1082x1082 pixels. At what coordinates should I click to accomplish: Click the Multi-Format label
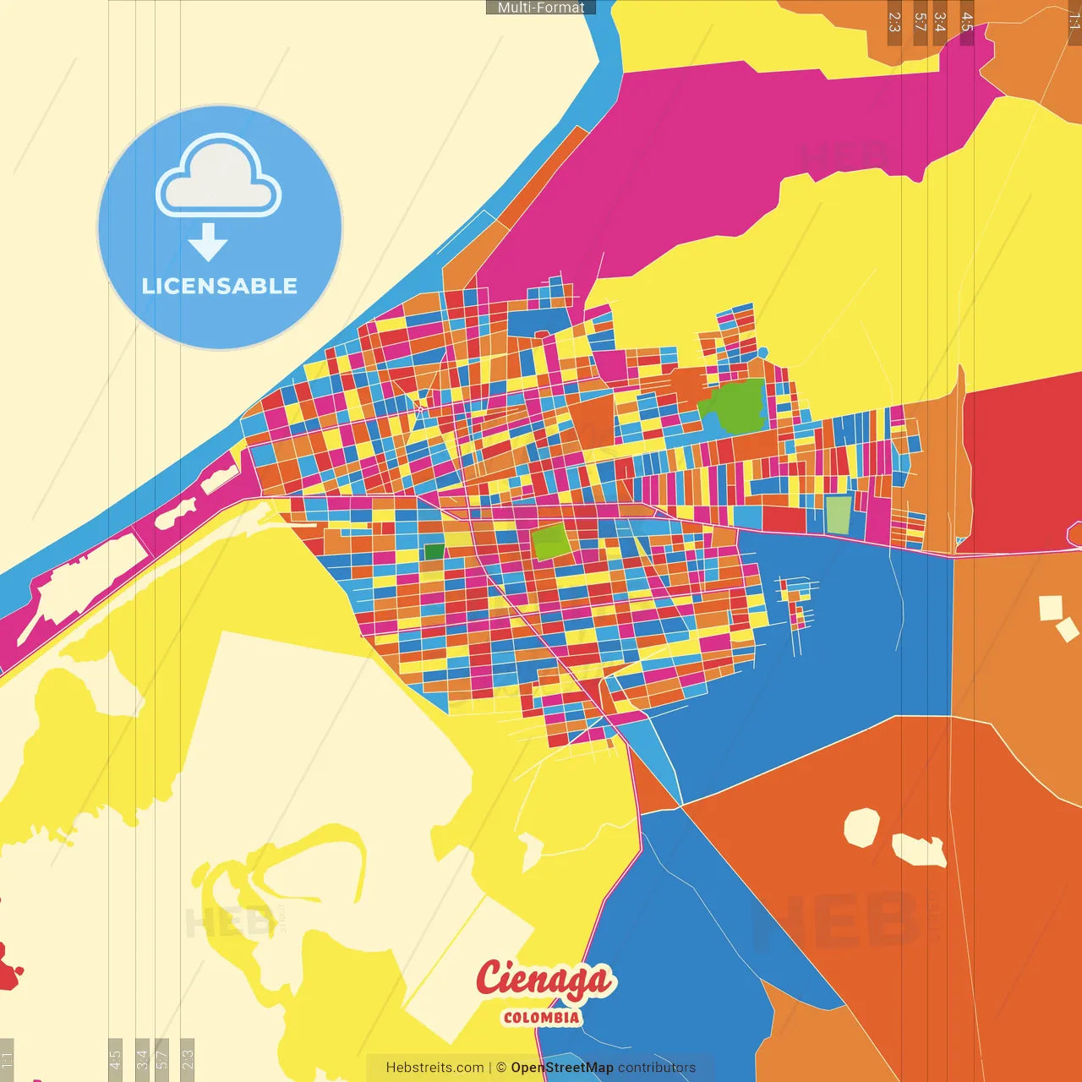(541, 8)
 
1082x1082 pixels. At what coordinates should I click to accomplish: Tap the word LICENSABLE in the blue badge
(220, 286)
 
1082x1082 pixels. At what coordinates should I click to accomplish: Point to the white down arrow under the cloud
(208, 243)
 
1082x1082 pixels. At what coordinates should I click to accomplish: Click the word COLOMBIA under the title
(542, 1018)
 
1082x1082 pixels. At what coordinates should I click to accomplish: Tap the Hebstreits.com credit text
(434, 1068)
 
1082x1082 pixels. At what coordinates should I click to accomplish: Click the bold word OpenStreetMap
(562, 1068)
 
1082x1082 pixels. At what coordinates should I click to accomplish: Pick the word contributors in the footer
(657, 1068)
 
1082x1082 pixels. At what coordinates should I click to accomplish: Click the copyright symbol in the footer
(501, 1068)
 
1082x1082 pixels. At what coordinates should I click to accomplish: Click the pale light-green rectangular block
(838, 514)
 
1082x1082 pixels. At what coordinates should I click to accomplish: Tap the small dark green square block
(434, 552)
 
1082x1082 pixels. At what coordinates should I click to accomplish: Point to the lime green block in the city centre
(551, 542)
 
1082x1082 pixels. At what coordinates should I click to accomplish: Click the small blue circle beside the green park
(762, 352)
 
